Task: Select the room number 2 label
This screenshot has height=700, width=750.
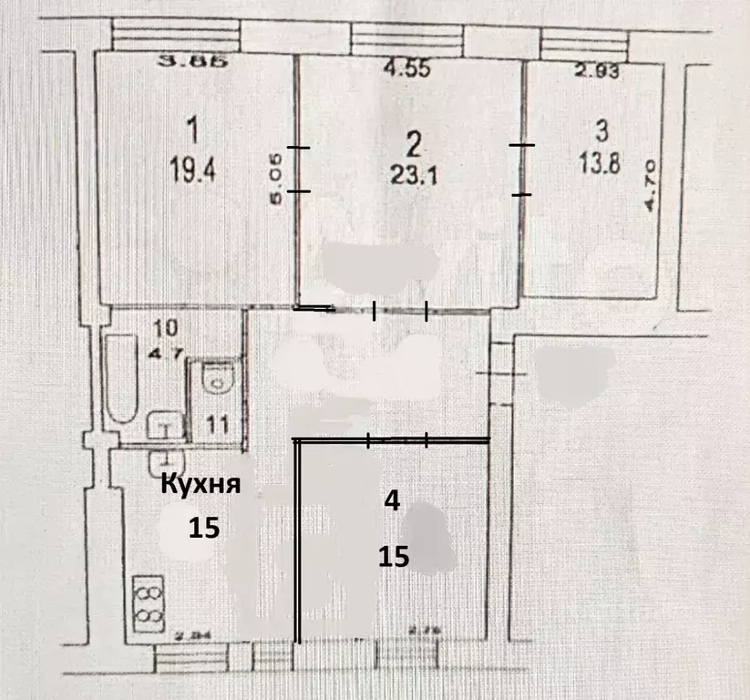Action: pyautogui.click(x=414, y=143)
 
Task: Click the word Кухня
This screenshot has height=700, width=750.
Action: pyautogui.click(x=201, y=484)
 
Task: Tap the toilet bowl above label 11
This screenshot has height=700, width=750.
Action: pyautogui.click(x=217, y=380)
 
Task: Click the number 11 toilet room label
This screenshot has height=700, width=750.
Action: pyautogui.click(x=217, y=424)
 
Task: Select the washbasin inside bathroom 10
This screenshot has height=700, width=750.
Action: pyautogui.click(x=165, y=425)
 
